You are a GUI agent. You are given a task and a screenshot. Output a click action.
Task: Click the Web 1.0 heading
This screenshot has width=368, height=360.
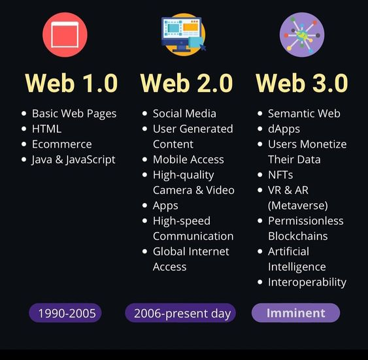71,83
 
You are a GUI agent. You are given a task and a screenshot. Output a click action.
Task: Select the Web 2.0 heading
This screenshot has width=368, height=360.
186,83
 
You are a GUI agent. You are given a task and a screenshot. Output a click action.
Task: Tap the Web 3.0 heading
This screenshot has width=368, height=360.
301,83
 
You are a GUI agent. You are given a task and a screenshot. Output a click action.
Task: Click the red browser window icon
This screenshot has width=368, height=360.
65,34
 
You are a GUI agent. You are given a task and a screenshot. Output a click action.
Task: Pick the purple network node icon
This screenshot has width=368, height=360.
302,34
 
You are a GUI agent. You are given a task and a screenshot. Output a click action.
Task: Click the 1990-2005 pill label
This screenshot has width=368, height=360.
67,313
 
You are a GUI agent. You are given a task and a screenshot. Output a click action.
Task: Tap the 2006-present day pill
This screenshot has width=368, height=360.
182,313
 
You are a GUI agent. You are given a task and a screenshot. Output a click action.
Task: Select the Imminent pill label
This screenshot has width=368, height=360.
296,313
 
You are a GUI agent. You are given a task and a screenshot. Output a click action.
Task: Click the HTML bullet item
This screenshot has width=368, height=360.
46,129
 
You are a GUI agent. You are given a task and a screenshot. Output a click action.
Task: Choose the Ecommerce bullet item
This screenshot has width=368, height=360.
61,144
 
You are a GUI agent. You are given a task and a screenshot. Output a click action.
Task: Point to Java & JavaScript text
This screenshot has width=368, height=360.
73,159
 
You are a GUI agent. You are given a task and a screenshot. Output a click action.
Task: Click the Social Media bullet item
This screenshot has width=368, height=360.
184,113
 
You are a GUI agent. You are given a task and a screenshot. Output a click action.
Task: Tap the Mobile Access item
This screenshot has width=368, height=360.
188,159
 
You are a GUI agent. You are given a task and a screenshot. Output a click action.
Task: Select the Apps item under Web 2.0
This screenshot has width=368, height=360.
165,205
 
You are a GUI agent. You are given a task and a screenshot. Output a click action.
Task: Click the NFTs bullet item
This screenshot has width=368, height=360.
280,174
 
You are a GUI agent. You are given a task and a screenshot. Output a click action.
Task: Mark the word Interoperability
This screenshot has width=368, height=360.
307,282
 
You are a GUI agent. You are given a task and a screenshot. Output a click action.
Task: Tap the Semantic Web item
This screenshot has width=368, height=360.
304,113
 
